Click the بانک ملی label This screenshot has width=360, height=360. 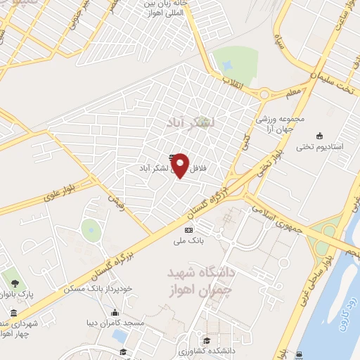(x=188, y=240)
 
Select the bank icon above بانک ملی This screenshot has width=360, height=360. (x=188, y=229)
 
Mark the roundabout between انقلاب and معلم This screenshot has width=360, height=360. (x=265, y=94)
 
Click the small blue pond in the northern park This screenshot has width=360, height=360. (x=227, y=64)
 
